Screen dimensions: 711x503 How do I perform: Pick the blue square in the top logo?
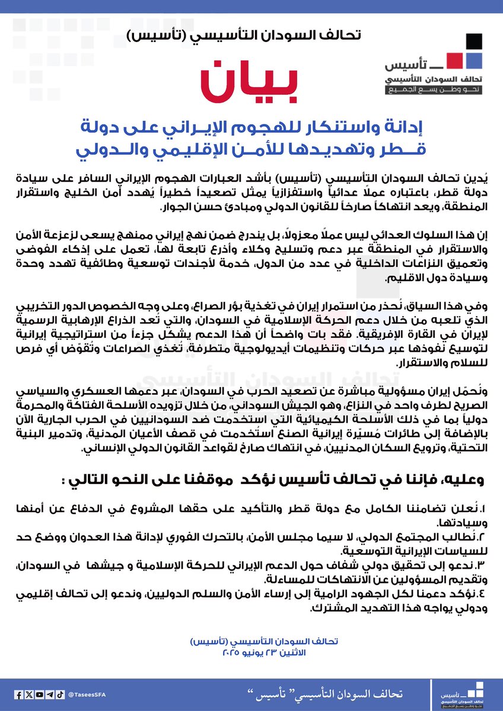(472, 60)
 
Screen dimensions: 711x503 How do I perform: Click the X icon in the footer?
(28, 694)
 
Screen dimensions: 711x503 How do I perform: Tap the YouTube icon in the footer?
(39, 694)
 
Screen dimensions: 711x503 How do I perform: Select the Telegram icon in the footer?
(50, 694)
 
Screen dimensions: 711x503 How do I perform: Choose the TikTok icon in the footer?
(61, 694)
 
